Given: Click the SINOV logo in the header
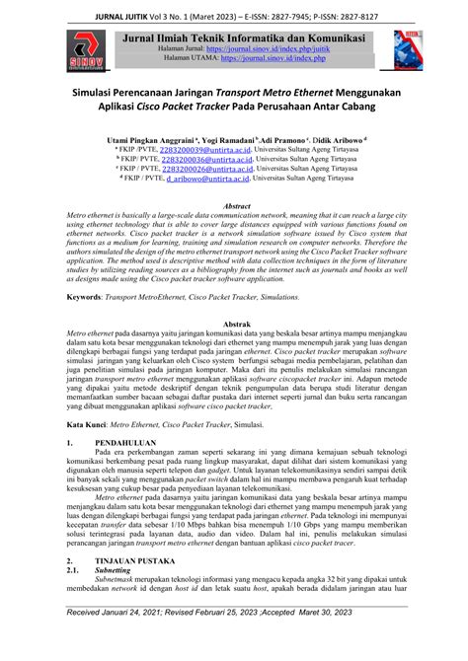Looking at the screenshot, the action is click(83, 49).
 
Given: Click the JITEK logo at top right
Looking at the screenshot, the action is click(405, 44).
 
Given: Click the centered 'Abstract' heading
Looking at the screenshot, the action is click(233, 205).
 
